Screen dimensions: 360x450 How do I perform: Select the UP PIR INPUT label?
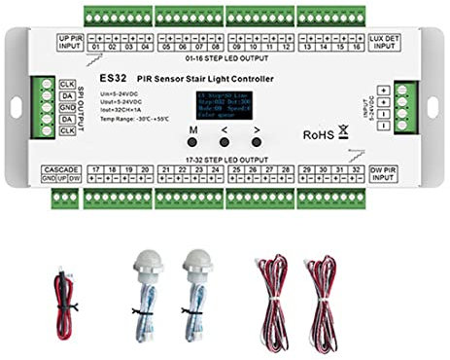click(72, 42)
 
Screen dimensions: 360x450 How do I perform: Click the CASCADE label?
click(61, 170)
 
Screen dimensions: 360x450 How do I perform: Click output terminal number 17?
click(95, 170)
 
